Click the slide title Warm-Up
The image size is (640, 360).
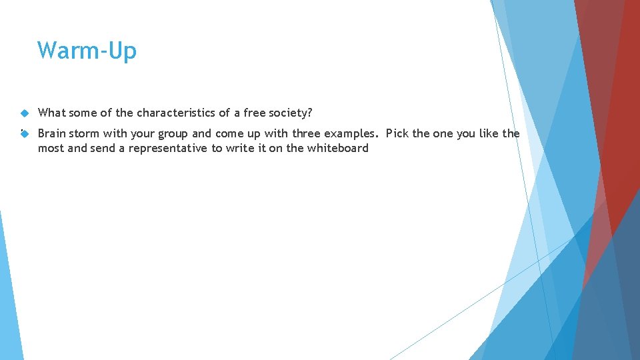87,51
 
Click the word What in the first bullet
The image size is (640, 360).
51,113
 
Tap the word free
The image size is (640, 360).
255,113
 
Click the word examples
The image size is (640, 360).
351,133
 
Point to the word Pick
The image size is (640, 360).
397,133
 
